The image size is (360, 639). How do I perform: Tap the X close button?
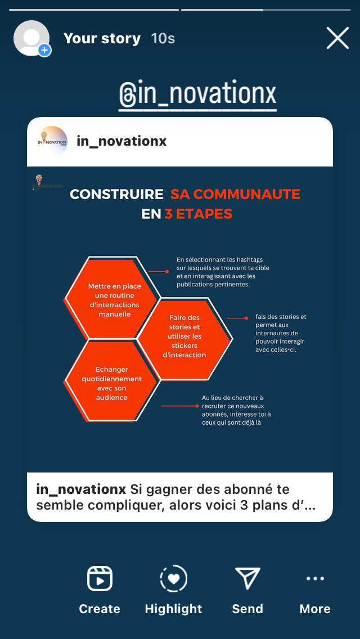click(x=337, y=38)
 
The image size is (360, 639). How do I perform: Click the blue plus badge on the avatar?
click(x=44, y=51)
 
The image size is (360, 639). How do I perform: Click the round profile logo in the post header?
click(x=52, y=141)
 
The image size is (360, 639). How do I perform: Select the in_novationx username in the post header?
click(x=121, y=141)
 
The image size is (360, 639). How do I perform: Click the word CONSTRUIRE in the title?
click(x=116, y=195)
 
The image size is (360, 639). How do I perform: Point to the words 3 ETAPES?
click(x=198, y=214)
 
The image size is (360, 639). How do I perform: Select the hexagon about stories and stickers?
click(x=184, y=336)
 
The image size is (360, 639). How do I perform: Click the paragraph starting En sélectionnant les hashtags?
click(x=223, y=272)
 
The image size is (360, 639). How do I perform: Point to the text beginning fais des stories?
click(x=281, y=333)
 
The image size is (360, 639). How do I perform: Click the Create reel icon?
click(x=100, y=578)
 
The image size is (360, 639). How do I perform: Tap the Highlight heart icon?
click(x=173, y=578)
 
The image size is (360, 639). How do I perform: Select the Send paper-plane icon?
click(x=247, y=578)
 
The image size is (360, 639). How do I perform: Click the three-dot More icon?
click(x=315, y=578)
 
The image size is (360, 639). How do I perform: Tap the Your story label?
click(x=102, y=38)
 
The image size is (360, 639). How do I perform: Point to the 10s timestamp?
click(x=163, y=38)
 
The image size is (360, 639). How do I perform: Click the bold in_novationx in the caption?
click(x=81, y=489)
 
